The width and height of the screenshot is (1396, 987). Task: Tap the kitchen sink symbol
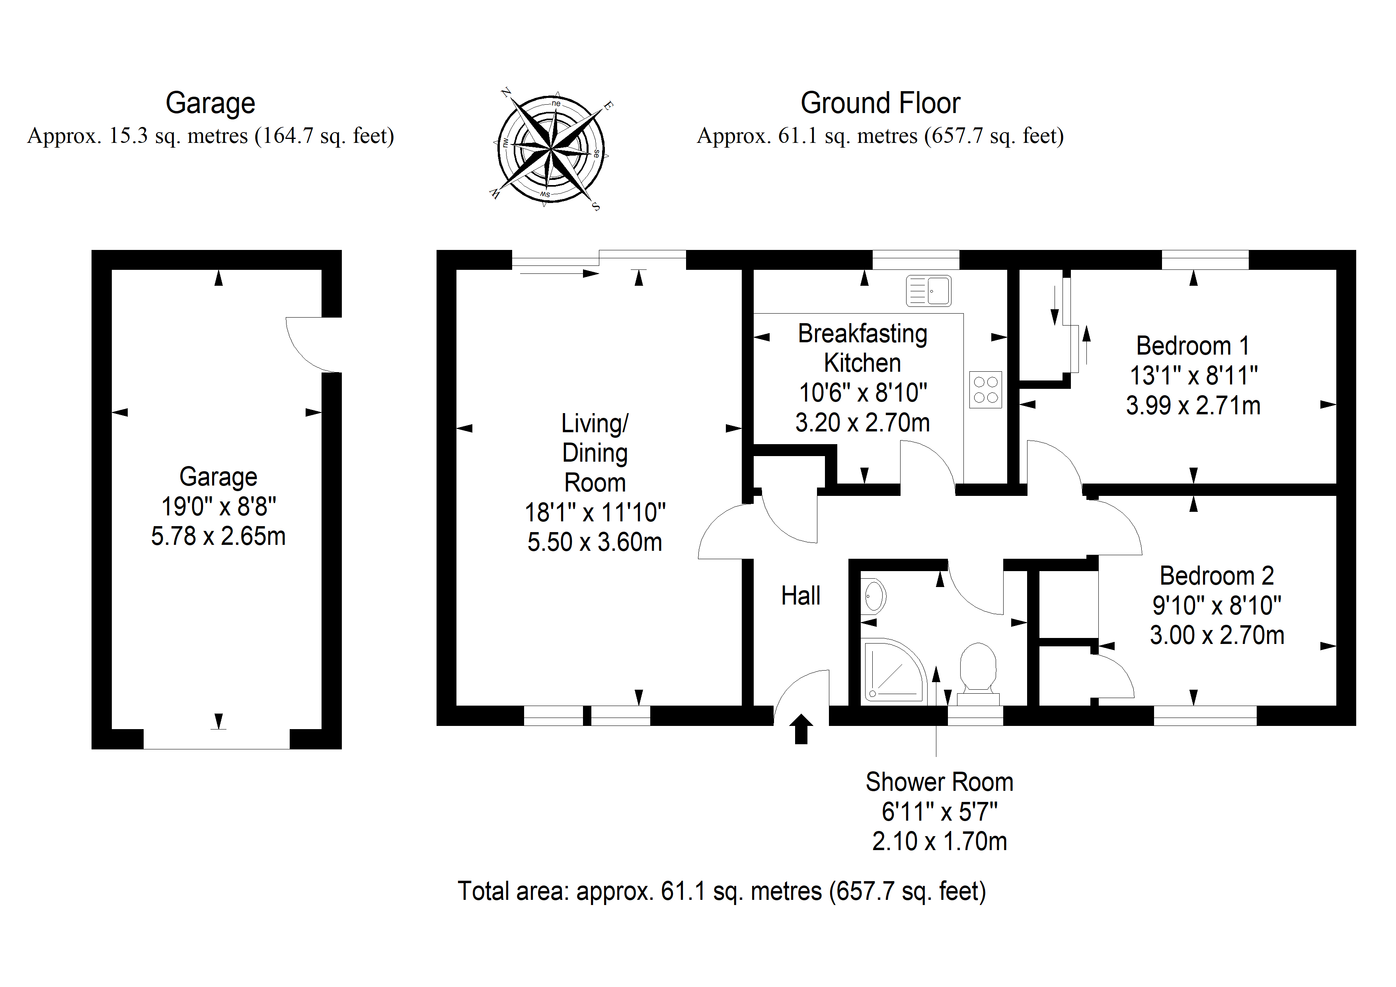[928, 291]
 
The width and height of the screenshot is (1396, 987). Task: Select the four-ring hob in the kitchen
[986, 390]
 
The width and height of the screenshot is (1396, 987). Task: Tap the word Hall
[801, 596]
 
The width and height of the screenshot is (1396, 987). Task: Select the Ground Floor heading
[880, 103]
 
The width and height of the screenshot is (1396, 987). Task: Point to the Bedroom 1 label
[1193, 346]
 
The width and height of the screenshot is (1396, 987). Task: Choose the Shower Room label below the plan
[940, 782]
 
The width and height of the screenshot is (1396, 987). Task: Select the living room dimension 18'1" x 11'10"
[595, 513]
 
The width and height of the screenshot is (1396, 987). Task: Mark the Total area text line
[722, 891]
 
